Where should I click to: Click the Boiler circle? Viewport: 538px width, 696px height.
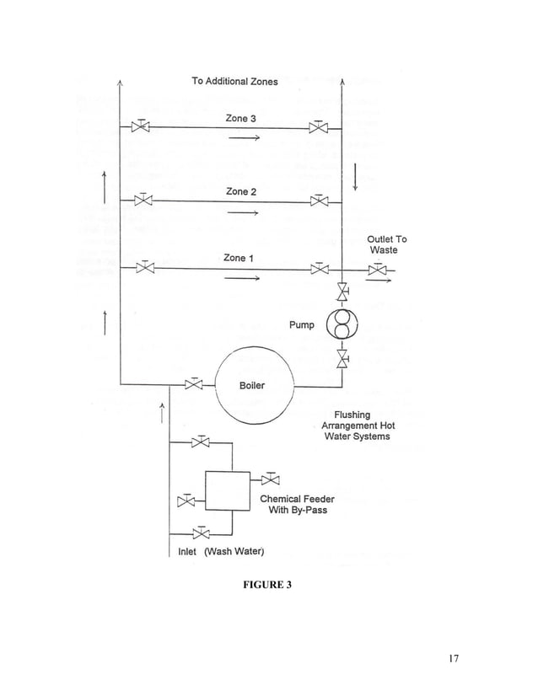coord(253,386)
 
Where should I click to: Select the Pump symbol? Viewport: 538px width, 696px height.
coord(342,325)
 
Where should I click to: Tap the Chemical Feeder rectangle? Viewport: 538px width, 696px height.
coord(228,491)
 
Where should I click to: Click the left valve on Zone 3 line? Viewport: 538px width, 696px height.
coord(143,127)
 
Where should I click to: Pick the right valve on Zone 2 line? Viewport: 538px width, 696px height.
coord(319,201)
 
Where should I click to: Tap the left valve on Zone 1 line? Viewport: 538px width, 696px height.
coord(145,269)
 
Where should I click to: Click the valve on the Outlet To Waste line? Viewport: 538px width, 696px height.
coord(377,270)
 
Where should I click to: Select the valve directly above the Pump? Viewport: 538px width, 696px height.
coord(342,292)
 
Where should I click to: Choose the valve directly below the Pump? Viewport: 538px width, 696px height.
coord(342,359)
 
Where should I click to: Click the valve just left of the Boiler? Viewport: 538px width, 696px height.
coord(195,386)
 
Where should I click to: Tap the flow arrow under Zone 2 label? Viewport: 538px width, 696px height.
coord(241,213)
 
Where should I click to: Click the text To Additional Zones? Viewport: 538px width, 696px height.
coord(234,81)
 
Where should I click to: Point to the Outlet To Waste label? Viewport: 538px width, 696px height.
coord(386,244)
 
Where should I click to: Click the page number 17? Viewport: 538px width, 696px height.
coord(451,658)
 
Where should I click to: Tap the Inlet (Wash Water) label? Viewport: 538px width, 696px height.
coord(221,552)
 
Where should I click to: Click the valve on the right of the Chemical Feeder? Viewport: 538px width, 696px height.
coord(271,480)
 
